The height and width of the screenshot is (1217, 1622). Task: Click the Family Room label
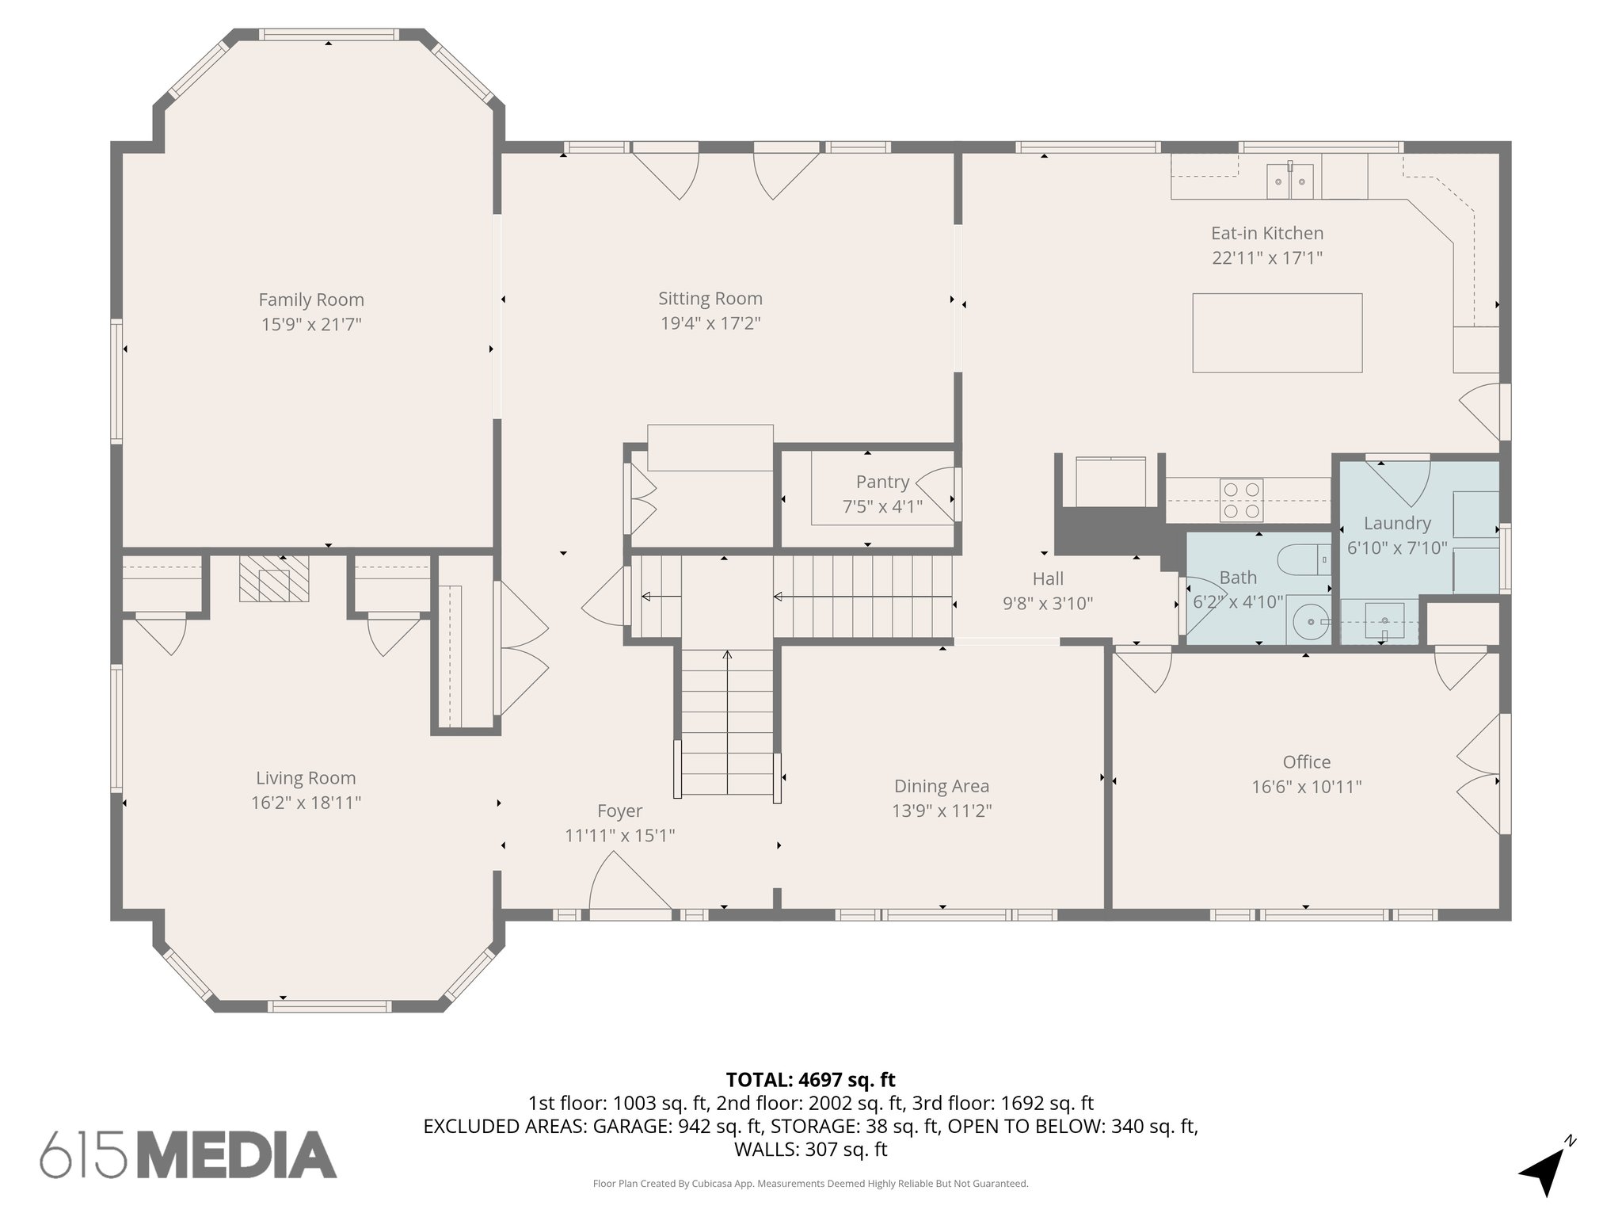(x=311, y=299)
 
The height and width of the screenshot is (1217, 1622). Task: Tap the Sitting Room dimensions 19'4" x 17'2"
(x=710, y=323)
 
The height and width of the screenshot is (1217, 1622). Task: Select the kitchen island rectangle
(x=1277, y=333)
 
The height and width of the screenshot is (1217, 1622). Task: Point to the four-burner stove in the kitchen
(x=1241, y=501)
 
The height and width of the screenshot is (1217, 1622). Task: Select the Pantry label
(x=882, y=482)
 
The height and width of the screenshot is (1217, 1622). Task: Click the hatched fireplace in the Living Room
(x=274, y=578)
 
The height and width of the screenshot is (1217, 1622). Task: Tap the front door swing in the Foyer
(x=626, y=883)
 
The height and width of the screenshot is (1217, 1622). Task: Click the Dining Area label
(x=941, y=786)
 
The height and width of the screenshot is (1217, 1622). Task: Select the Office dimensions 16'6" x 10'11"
(x=1306, y=787)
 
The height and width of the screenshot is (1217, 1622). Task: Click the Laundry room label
(x=1397, y=523)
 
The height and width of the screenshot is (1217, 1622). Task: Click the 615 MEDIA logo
(x=188, y=1154)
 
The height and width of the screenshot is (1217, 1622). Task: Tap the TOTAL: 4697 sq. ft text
(x=810, y=1080)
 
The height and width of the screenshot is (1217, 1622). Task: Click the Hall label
(x=1047, y=578)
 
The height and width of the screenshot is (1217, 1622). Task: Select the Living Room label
(x=306, y=778)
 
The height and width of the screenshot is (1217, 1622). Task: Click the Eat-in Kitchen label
(x=1266, y=233)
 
